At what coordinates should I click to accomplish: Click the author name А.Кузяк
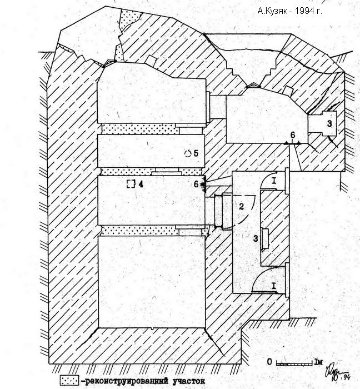(x=273, y=11)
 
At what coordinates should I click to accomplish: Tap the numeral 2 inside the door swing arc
(x=242, y=206)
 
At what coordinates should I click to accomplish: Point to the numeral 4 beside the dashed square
(x=141, y=184)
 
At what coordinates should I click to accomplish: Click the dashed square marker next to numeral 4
(x=131, y=184)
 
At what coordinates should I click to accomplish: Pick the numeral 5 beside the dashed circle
(x=196, y=153)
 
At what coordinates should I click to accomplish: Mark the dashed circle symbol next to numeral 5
(x=188, y=153)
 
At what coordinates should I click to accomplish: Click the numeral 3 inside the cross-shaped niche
(x=329, y=123)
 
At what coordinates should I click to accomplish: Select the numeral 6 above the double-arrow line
(x=293, y=135)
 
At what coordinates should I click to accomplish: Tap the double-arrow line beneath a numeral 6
(x=293, y=143)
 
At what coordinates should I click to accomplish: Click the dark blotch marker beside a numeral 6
(x=204, y=184)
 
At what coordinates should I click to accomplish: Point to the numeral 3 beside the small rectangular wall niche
(x=256, y=238)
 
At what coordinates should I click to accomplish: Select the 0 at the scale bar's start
(x=269, y=362)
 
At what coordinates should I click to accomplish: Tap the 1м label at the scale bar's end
(x=318, y=362)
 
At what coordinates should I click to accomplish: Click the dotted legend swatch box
(x=69, y=380)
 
